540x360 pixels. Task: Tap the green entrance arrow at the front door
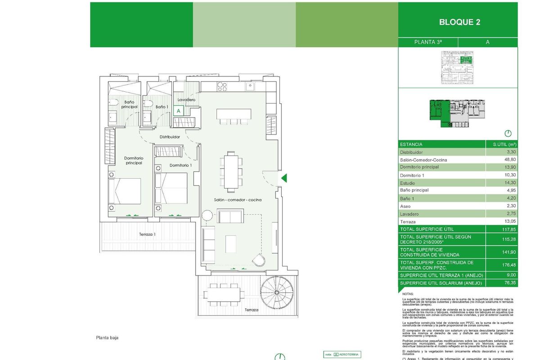click(x=284, y=178)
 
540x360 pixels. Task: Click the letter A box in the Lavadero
click(x=179, y=110)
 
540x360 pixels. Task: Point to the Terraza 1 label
click(x=147, y=234)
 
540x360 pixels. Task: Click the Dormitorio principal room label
click(x=133, y=160)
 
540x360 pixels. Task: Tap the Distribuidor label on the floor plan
click(x=170, y=137)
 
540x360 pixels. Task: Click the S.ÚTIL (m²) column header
click(x=504, y=144)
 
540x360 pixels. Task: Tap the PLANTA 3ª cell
click(x=427, y=42)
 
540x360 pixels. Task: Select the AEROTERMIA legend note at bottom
click(x=342, y=355)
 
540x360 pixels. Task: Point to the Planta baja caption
click(x=107, y=337)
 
